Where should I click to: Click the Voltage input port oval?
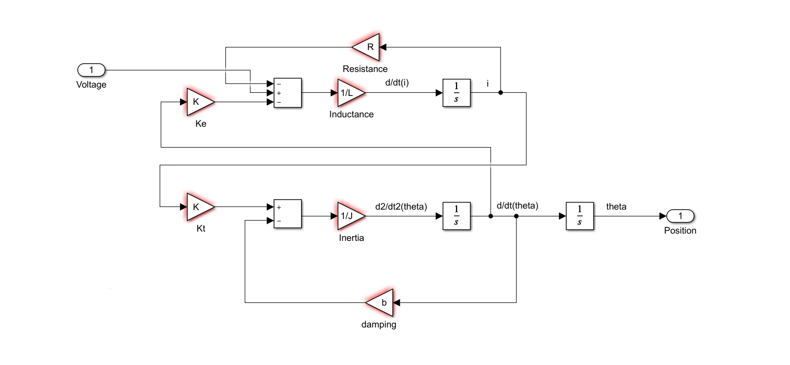point(91,70)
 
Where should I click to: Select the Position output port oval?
point(680,216)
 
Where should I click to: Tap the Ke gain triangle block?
point(199,102)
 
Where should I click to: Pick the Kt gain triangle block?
point(199,206)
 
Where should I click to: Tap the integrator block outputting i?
point(457,93)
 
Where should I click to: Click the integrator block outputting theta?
point(580,216)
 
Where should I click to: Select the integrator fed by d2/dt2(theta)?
point(457,216)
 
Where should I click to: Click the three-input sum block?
point(288,93)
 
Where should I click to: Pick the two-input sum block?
point(288,214)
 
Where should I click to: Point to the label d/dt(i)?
point(400,83)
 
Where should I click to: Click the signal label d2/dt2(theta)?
point(401,206)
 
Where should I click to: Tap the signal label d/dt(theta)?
point(517,205)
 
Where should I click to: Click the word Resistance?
point(365,69)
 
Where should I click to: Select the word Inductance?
point(351,114)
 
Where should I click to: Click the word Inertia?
point(351,238)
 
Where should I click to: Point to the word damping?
point(379,324)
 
